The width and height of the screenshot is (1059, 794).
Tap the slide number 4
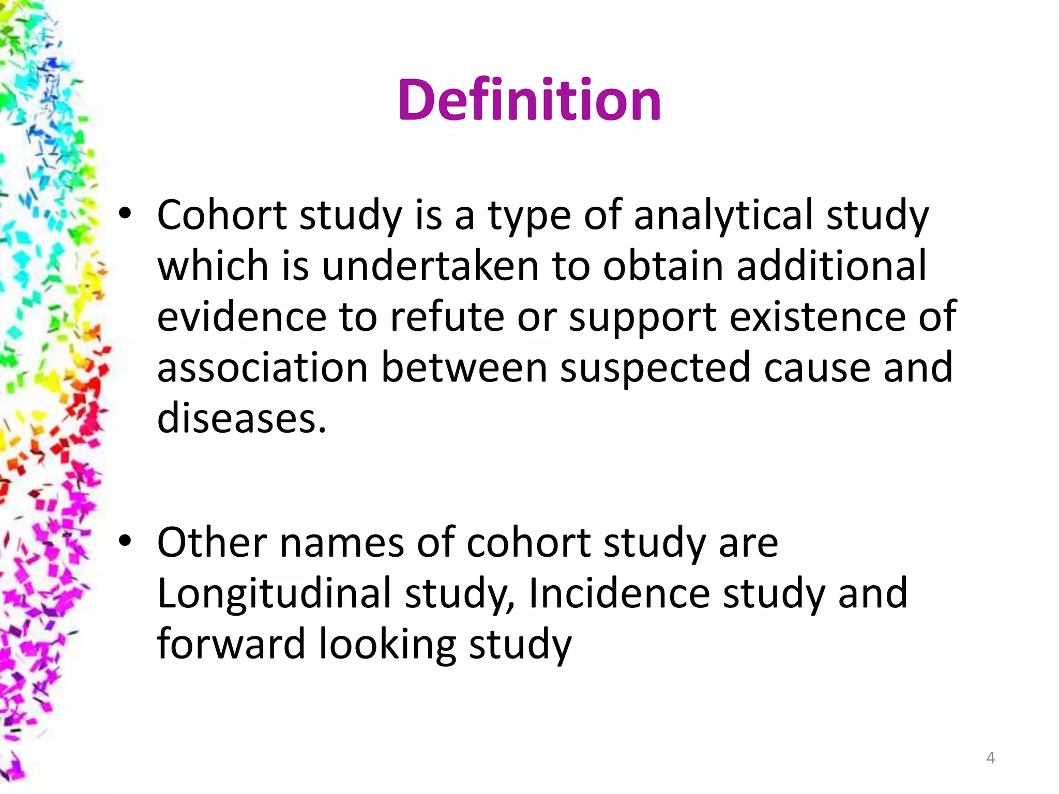tap(990, 758)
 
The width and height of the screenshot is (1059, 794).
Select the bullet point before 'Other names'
tap(125, 541)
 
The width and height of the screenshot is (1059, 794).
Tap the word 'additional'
tap(831, 266)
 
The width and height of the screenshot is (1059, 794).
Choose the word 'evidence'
tap(241, 316)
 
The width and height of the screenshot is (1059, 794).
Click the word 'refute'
tap(447, 316)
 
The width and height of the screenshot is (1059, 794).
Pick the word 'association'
tap(262, 368)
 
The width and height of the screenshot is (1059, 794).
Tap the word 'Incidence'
tap(619, 593)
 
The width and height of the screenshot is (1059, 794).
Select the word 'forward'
tap(231, 644)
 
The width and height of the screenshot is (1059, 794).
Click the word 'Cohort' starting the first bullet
tap(221, 215)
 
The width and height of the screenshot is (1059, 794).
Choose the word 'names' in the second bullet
tap(342, 543)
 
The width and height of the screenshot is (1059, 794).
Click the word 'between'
tap(464, 368)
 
